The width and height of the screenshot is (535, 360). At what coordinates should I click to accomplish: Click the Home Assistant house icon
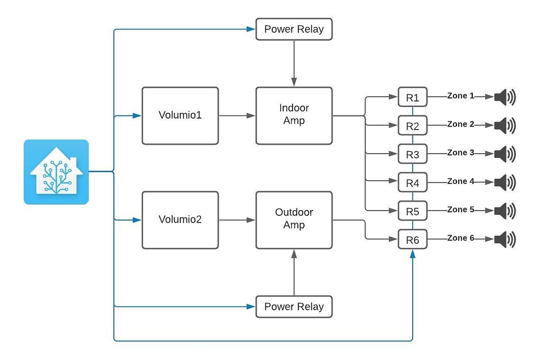coord(56,171)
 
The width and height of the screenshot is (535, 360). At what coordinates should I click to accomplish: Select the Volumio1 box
coord(180,115)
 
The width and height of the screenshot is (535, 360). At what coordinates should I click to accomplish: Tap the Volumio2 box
coord(180,219)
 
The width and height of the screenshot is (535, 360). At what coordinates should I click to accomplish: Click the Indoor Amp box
coord(294,115)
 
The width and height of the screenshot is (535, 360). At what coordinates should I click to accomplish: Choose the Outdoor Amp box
coord(294,219)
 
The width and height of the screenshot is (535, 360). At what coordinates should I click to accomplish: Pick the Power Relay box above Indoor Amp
coord(294,29)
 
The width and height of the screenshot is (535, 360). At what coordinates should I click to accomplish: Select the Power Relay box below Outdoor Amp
coord(294,307)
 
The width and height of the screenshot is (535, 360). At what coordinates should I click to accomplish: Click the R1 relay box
coord(412,97)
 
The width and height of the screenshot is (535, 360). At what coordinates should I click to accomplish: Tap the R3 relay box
coord(412,155)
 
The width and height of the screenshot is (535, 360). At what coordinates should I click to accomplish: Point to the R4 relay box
coord(412,183)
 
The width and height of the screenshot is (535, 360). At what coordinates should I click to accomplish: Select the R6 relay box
coord(412,240)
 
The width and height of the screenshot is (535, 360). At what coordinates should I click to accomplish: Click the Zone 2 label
coord(460,124)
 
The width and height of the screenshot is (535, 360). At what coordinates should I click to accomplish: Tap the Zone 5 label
coord(460,210)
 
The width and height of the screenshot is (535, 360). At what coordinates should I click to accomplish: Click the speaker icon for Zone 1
coord(504,97)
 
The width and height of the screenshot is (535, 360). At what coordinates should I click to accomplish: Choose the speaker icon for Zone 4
coord(504,183)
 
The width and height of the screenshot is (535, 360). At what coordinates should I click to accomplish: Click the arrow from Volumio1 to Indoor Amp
coord(237,115)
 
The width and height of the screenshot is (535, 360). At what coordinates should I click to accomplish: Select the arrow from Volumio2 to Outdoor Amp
coord(237,220)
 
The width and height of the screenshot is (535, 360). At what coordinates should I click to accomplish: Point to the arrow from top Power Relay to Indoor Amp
coord(294,63)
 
